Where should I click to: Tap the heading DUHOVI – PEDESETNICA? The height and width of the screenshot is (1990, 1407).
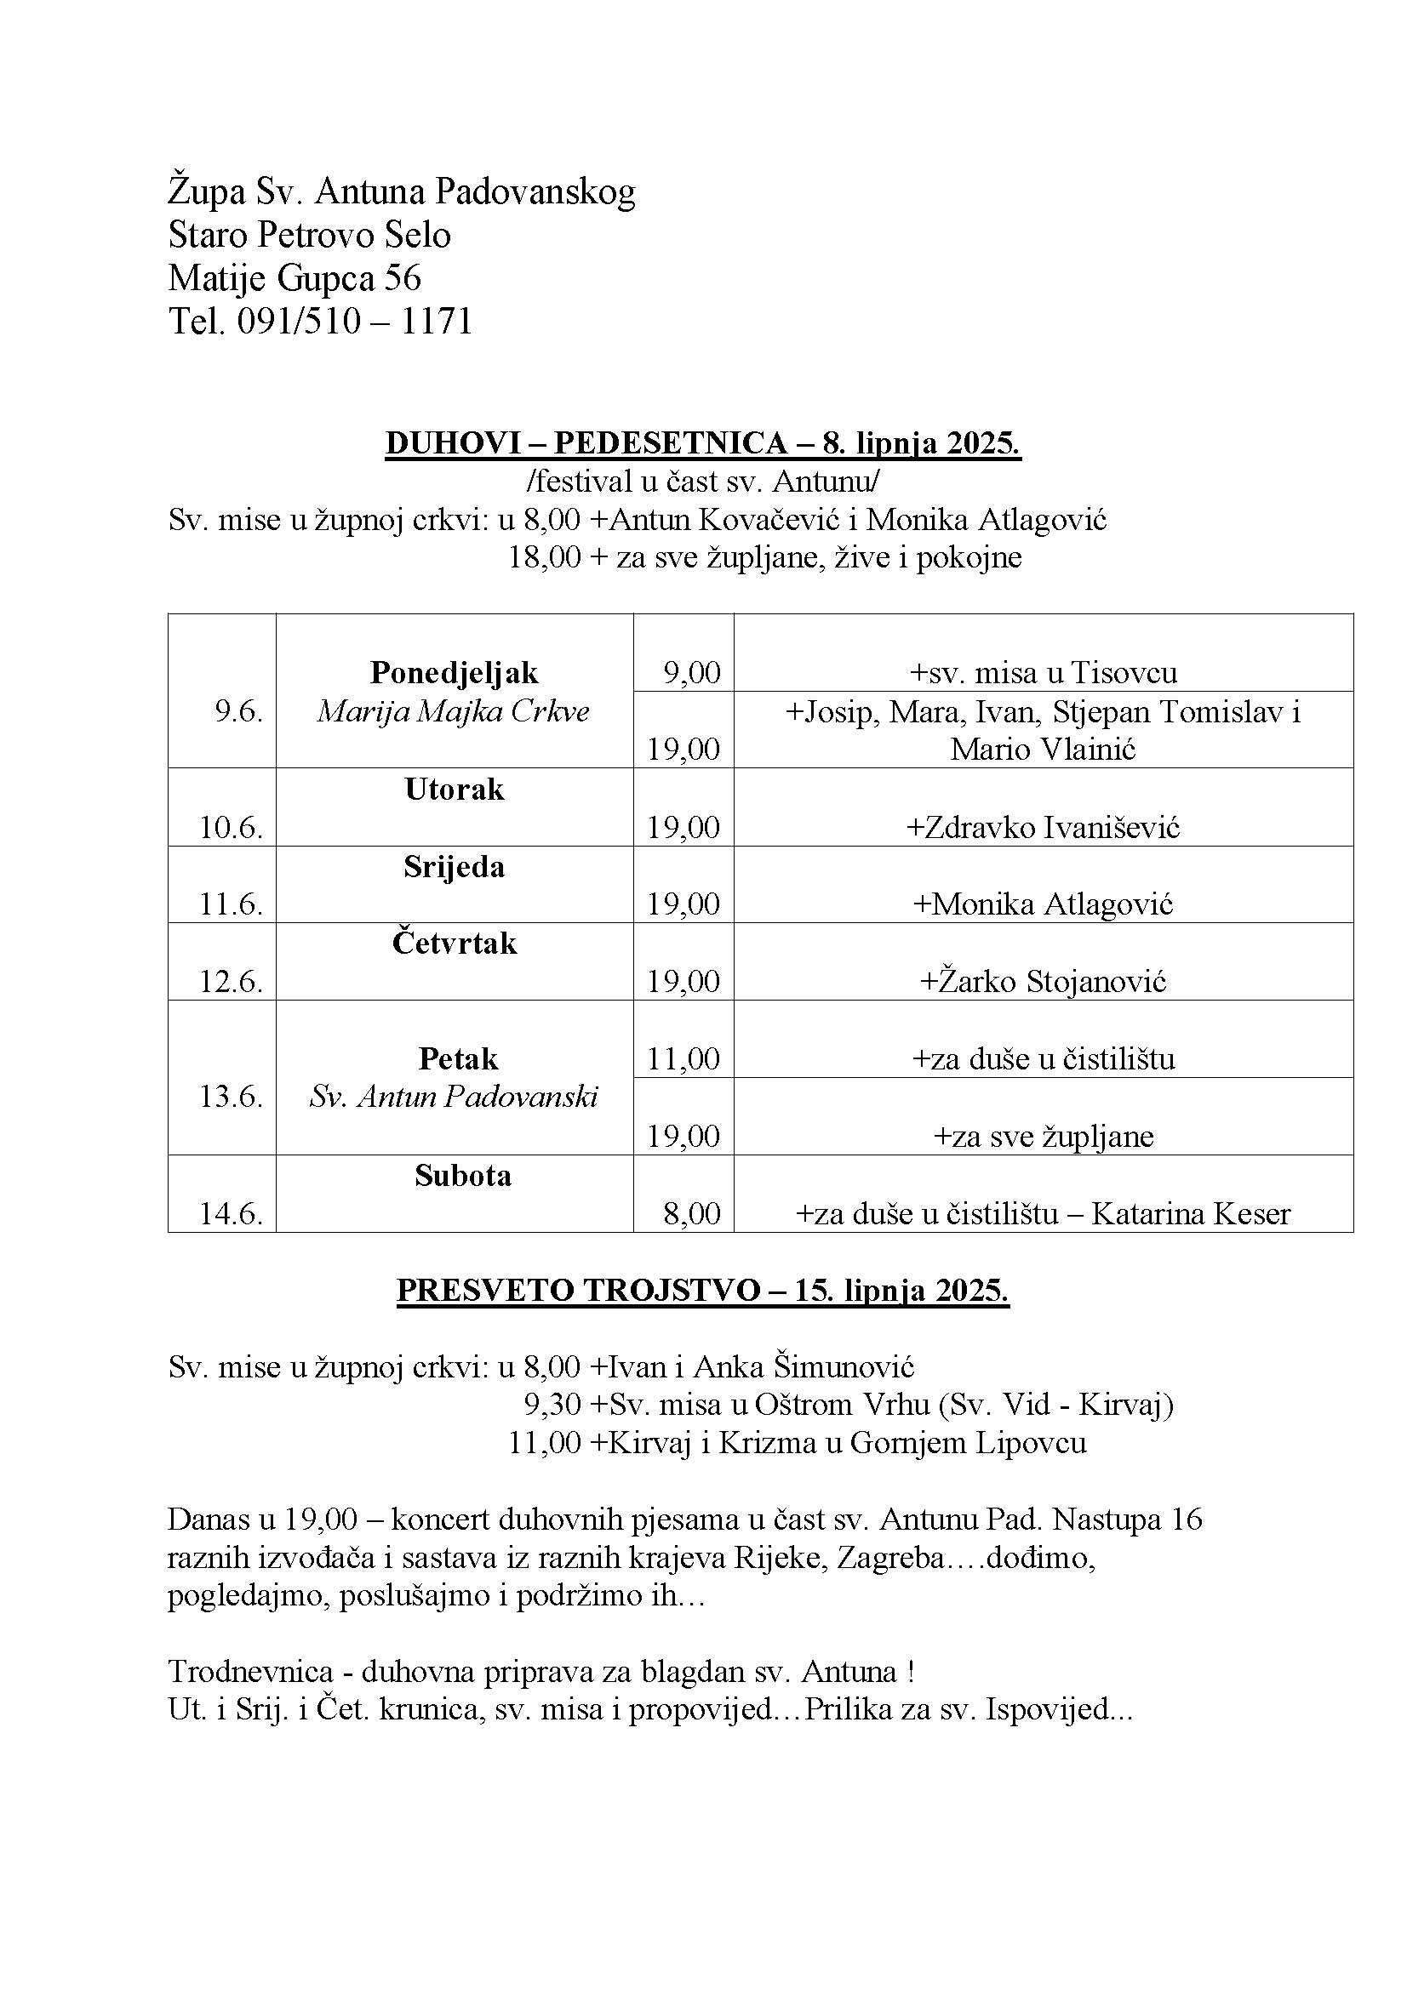(x=585, y=443)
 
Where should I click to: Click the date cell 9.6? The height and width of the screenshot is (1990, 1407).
(x=238, y=711)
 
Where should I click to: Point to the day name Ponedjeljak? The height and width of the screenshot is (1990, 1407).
(x=454, y=673)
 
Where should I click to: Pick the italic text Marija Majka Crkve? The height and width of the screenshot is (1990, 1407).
(x=454, y=711)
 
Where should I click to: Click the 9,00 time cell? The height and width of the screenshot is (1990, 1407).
(x=692, y=673)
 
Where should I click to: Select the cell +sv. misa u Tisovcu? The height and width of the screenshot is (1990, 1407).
(x=1043, y=673)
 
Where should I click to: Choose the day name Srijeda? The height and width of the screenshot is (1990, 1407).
(x=454, y=867)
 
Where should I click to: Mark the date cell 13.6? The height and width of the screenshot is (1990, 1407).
(x=231, y=1098)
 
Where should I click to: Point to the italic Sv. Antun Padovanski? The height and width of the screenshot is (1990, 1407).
(x=454, y=1098)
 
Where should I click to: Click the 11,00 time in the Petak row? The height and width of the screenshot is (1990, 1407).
(x=684, y=1059)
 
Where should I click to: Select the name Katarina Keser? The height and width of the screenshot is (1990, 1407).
(x=1190, y=1213)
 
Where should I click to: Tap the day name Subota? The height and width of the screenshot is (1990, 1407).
(x=462, y=1175)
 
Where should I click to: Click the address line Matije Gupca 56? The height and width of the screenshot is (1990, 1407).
(x=295, y=278)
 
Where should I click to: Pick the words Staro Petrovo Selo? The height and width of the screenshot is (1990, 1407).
(x=310, y=235)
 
